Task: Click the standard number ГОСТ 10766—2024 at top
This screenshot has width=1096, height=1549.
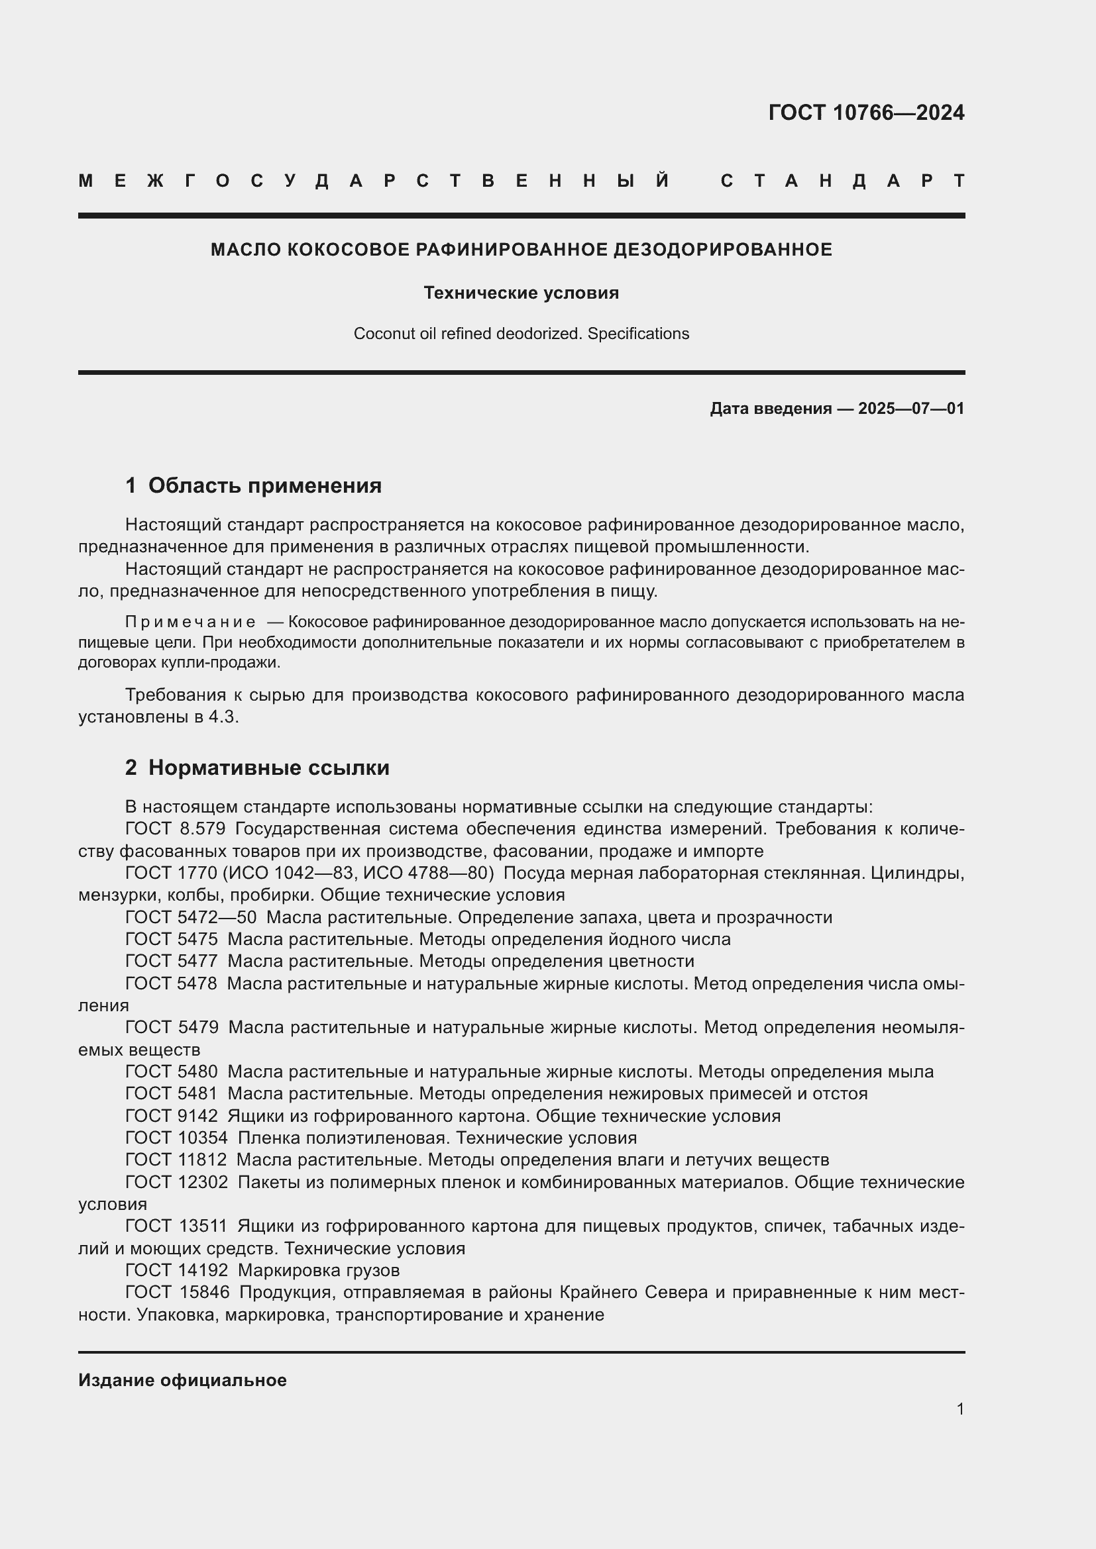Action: [x=866, y=113]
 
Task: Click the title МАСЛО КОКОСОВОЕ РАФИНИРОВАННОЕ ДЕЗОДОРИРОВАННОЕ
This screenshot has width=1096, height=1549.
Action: [x=521, y=250]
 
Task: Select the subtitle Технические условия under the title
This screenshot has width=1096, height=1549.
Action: [x=521, y=293]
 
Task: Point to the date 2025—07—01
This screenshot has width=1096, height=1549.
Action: [x=911, y=408]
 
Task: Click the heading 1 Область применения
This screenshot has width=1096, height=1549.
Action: [x=253, y=485]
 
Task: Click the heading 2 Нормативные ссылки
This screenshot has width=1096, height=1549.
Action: [x=257, y=768]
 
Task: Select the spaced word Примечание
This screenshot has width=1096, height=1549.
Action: [x=190, y=622]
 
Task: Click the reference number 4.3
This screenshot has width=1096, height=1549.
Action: [x=223, y=717]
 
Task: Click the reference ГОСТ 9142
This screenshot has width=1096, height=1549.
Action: [x=172, y=1116]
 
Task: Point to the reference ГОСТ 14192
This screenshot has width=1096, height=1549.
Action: [x=177, y=1270]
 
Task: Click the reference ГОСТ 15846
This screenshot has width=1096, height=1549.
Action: [x=178, y=1293]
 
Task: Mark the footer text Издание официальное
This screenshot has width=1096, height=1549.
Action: [x=182, y=1380]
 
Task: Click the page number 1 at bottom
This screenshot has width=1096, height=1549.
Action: [x=959, y=1409]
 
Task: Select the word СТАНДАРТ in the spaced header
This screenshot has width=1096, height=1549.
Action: [x=843, y=181]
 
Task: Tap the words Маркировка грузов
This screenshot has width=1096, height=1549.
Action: [x=319, y=1270]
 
